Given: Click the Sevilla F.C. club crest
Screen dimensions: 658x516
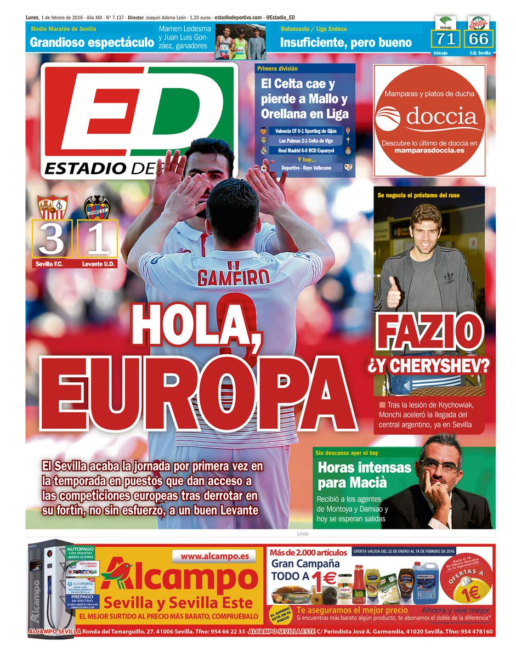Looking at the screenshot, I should (52, 207).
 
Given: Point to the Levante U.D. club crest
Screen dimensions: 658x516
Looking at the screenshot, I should (97, 208).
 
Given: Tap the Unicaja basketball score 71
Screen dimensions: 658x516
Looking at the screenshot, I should (446, 38).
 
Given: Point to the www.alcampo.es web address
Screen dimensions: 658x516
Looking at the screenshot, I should (214, 556).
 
